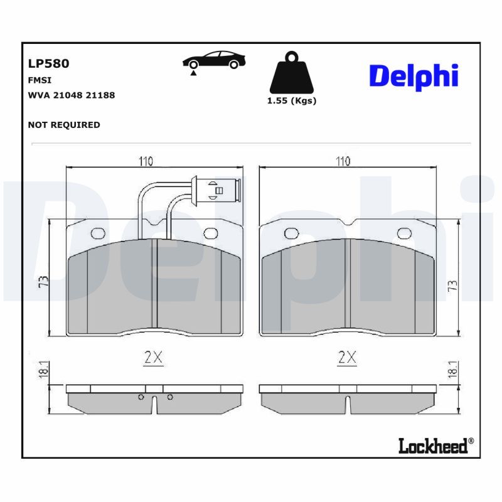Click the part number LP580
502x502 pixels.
click(48, 63)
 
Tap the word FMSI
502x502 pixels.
click(40, 80)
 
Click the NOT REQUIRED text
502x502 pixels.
click(64, 125)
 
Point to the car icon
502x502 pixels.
click(214, 61)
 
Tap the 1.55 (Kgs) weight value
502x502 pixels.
click(291, 100)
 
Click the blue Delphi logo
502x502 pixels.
click(414, 77)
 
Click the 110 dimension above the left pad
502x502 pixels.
click(146, 161)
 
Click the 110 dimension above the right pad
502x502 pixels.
click(343, 161)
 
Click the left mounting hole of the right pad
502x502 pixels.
click(290, 233)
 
